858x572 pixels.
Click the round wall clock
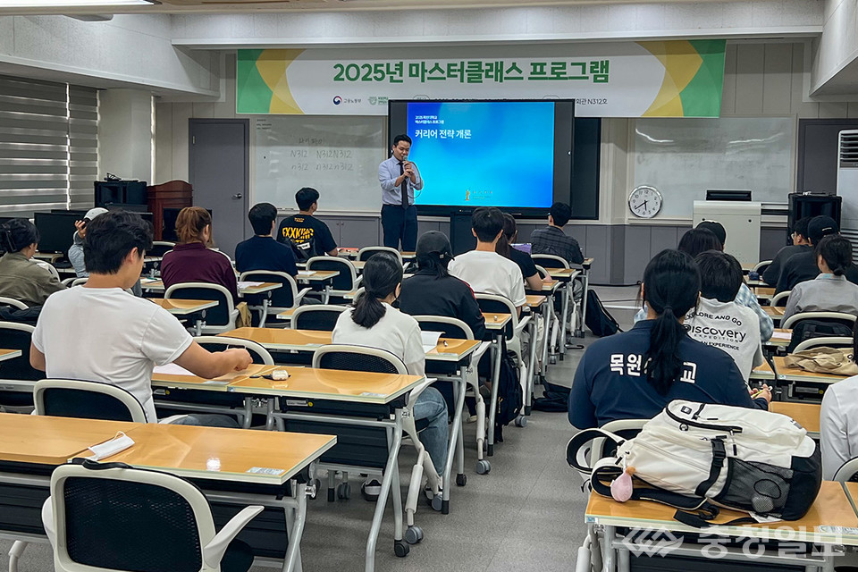click(x=644, y=201)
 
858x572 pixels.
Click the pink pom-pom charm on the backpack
click(x=621, y=487)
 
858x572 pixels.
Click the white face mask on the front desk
click(x=109, y=445)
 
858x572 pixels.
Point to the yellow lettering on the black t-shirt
click(x=299, y=233)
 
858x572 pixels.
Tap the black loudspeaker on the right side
click(x=813, y=211)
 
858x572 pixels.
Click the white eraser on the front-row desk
click(x=279, y=374)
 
